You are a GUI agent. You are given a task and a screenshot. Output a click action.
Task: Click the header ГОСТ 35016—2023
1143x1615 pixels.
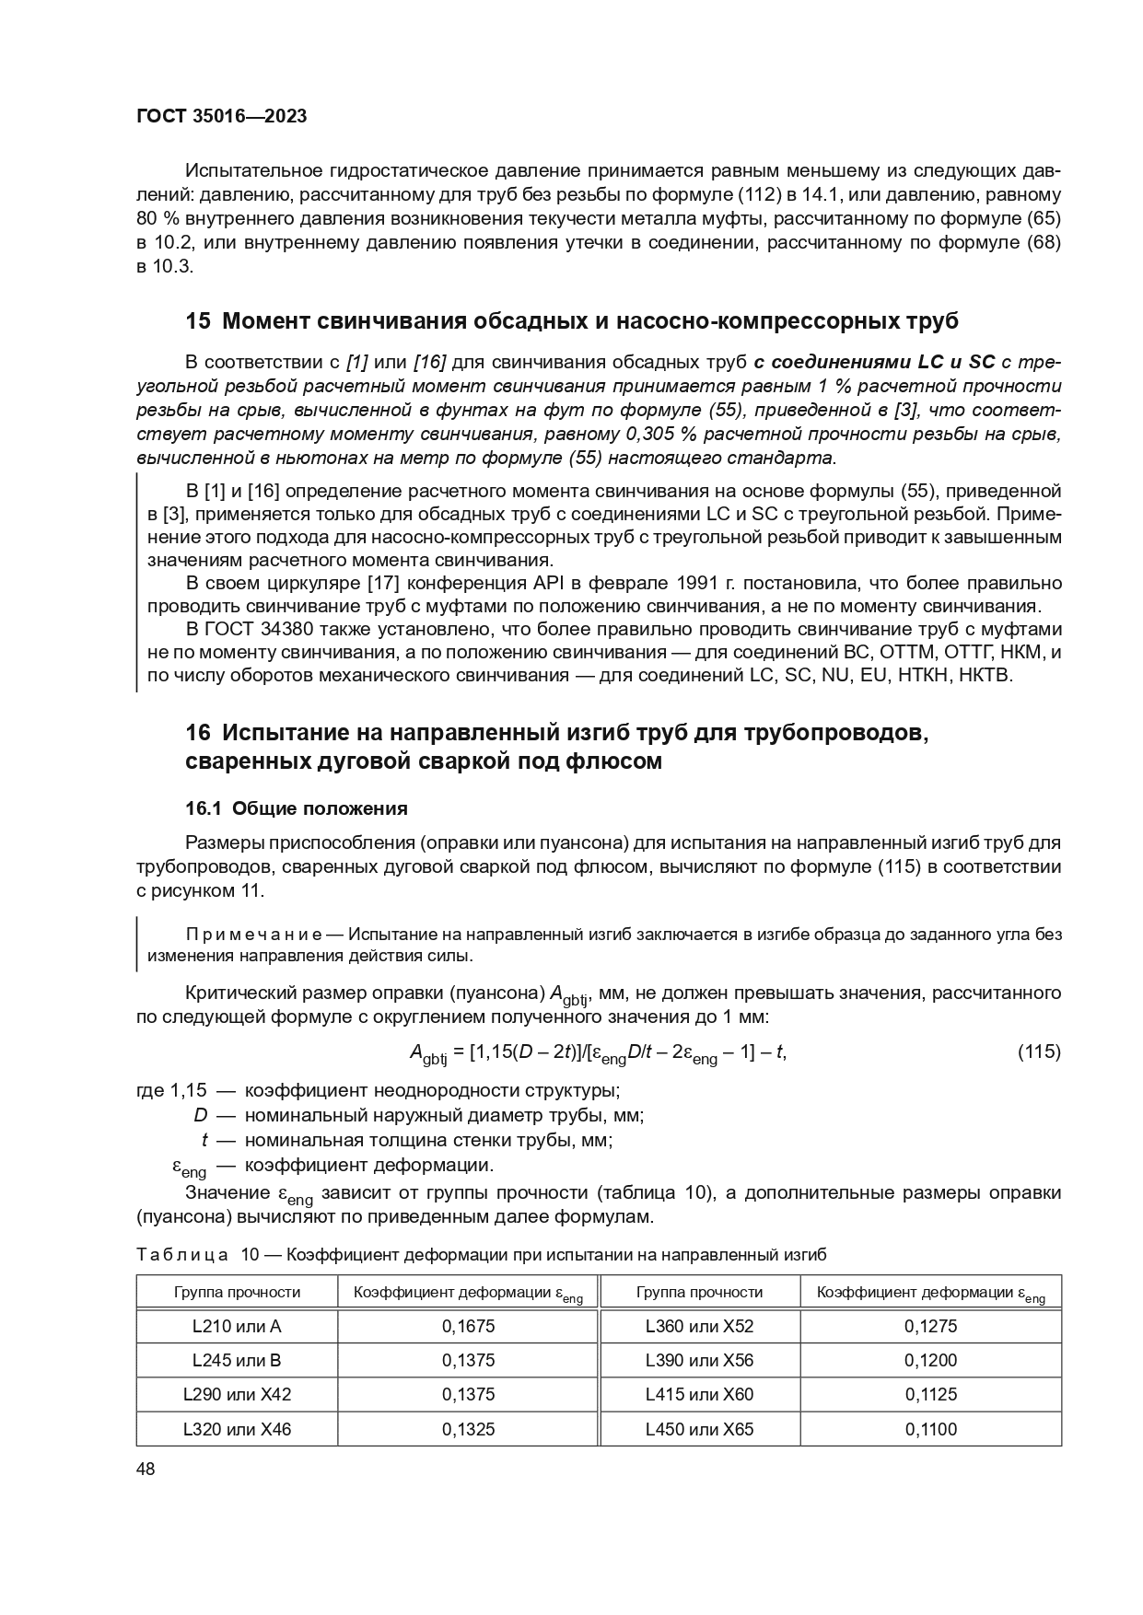(221, 116)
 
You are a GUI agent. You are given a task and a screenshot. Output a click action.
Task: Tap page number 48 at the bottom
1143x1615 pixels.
(146, 1469)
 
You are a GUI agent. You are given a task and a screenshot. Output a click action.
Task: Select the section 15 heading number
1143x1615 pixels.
(198, 321)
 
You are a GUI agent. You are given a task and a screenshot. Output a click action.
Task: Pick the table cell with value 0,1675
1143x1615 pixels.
(468, 1326)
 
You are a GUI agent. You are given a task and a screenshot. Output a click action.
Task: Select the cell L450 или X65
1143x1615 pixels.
(699, 1429)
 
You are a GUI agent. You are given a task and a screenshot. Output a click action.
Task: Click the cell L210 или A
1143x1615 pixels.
(237, 1326)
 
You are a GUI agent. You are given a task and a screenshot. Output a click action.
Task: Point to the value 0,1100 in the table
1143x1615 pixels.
(930, 1429)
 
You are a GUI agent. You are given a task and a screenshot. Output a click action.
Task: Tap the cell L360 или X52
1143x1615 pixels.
(699, 1326)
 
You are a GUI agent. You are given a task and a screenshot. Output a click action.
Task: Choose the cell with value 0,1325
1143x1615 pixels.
(468, 1429)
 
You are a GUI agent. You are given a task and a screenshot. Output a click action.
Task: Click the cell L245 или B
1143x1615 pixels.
(237, 1360)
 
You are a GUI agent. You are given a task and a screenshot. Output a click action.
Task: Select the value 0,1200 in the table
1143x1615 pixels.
(930, 1360)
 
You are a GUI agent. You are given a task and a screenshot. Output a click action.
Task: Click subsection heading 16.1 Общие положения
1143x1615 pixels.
(296, 808)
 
